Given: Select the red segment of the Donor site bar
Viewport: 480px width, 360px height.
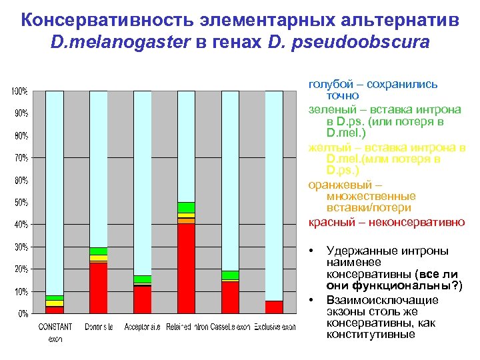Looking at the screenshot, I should click(x=99, y=287).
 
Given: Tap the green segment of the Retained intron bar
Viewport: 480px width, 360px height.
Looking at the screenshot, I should click(x=186, y=207).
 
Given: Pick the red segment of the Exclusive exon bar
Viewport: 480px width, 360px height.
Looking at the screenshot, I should click(x=274, y=307).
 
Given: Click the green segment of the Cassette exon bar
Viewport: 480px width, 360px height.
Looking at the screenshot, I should click(x=230, y=275).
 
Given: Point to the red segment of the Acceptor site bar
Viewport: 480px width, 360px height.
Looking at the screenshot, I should click(x=143, y=299).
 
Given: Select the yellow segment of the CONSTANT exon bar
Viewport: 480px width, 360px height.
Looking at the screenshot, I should click(x=55, y=303).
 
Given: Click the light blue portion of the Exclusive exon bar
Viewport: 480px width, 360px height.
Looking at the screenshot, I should click(x=274, y=193).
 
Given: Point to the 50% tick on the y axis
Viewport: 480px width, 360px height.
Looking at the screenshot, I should click(x=21, y=202).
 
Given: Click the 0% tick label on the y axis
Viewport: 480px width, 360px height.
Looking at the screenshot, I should click(x=22, y=313).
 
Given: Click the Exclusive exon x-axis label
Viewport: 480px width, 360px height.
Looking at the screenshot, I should click(x=274, y=327).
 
